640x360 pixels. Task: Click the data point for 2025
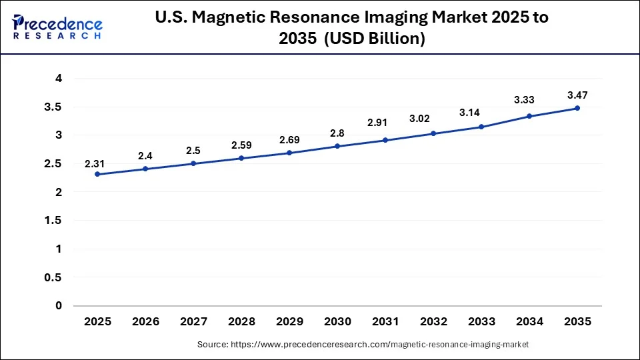point(97,174)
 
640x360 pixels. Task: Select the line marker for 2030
point(337,146)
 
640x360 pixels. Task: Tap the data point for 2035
point(577,108)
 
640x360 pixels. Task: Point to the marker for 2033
point(481,127)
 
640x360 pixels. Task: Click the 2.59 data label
point(241,145)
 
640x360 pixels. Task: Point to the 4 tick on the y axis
point(59,79)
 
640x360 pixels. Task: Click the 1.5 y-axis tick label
point(54,221)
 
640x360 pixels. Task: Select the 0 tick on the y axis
point(59,306)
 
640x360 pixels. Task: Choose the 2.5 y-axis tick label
point(54,164)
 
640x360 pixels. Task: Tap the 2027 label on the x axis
point(193,321)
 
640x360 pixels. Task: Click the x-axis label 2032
point(433,321)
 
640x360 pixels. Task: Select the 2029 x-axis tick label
point(289,321)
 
